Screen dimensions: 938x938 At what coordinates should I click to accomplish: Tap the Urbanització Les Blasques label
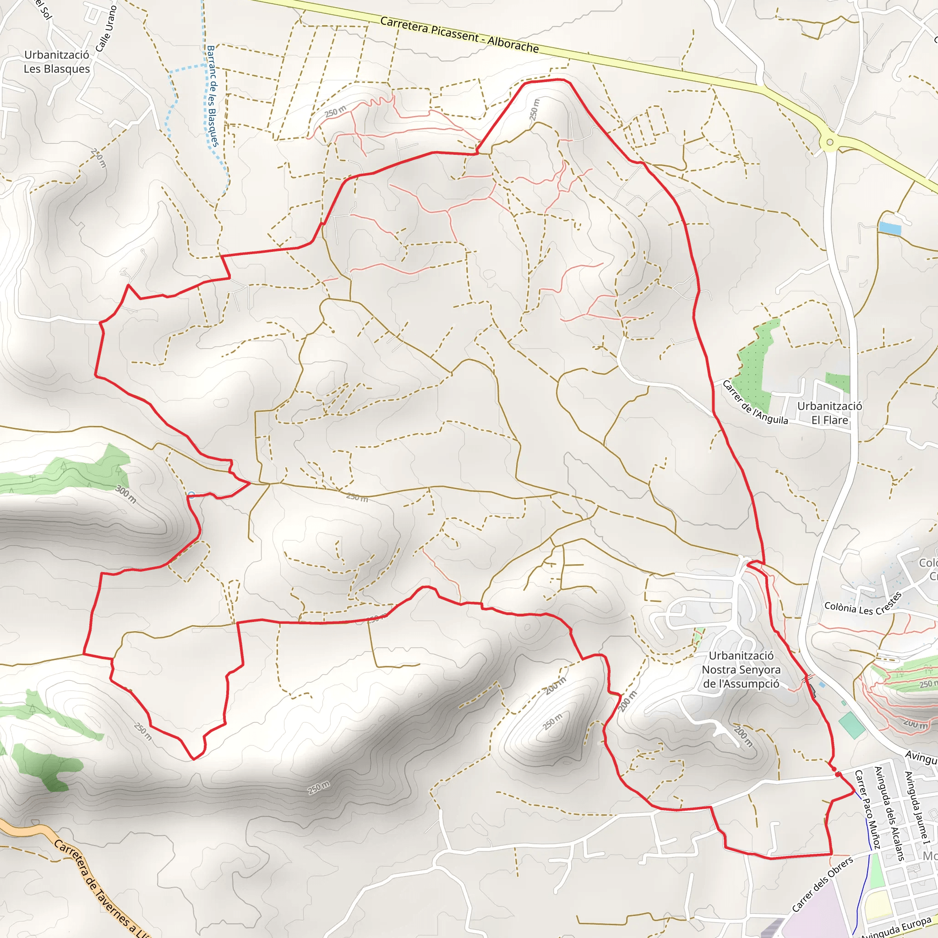pyautogui.click(x=57, y=62)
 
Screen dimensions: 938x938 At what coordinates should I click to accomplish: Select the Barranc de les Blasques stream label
pyautogui.click(x=212, y=96)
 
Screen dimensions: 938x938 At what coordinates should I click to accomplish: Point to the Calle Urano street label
pyautogui.click(x=106, y=28)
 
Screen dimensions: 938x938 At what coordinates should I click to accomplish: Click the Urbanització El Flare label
pyautogui.click(x=829, y=413)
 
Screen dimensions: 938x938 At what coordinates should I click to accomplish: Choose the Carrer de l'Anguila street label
pyautogui.click(x=754, y=403)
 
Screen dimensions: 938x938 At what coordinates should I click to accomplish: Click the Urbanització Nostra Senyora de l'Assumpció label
pyautogui.click(x=741, y=670)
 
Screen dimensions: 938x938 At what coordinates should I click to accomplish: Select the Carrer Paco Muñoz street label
pyautogui.click(x=867, y=809)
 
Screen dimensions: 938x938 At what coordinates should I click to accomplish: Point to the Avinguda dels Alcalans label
pyautogui.click(x=889, y=813)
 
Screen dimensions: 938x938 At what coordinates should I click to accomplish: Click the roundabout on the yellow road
pyautogui.click(x=829, y=142)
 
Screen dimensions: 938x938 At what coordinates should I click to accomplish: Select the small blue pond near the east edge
pyautogui.click(x=890, y=228)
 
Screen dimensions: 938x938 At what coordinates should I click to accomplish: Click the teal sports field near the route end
pyautogui.click(x=851, y=725)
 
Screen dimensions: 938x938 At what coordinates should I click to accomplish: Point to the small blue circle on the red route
pyautogui.click(x=191, y=495)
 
